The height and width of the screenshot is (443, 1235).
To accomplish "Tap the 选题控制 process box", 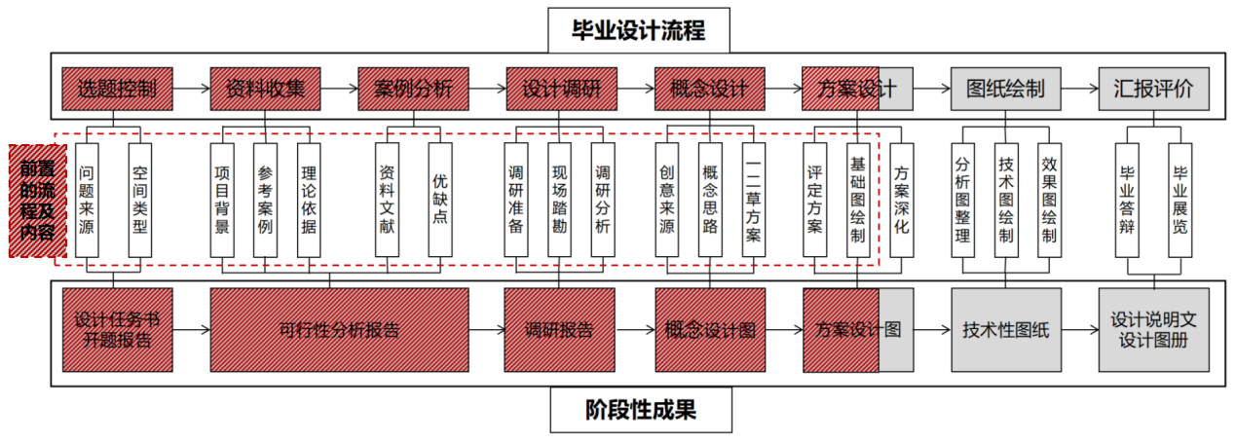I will pyautogui.click(x=117, y=90).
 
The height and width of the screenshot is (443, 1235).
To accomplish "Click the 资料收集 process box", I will pyautogui.click(x=265, y=90).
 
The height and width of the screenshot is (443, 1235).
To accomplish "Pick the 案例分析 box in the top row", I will pyautogui.click(x=413, y=90).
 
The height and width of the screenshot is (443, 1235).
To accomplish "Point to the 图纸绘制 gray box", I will pyautogui.click(x=1006, y=90).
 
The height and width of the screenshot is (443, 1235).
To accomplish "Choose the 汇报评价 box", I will pyautogui.click(x=1153, y=90).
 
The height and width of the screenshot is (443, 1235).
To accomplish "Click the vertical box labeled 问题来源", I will pyautogui.click(x=87, y=200).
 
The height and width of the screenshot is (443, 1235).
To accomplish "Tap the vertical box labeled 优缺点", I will pyautogui.click(x=440, y=200).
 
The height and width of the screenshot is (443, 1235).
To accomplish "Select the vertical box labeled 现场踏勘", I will pyautogui.click(x=559, y=200).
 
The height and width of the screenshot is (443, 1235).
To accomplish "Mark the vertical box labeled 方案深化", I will pyautogui.click(x=902, y=200).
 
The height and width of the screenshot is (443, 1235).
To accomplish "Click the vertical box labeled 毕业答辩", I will pyautogui.click(x=1127, y=200).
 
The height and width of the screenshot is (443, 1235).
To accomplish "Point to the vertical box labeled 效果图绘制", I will pyautogui.click(x=1049, y=200).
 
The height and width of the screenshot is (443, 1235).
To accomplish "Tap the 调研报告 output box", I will pyautogui.click(x=559, y=330).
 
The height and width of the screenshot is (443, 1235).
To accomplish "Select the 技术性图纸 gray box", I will pyautogui.click(x=1006, y=330).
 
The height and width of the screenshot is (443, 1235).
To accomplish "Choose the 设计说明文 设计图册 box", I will pyautogui.click(x=1153, y=330).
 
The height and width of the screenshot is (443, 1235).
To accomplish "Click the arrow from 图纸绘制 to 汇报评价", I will pyautogui.click(x=1079, y=90).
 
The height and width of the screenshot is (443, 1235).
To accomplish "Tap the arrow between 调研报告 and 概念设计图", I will pyautogui.click(x=634, y=330).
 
